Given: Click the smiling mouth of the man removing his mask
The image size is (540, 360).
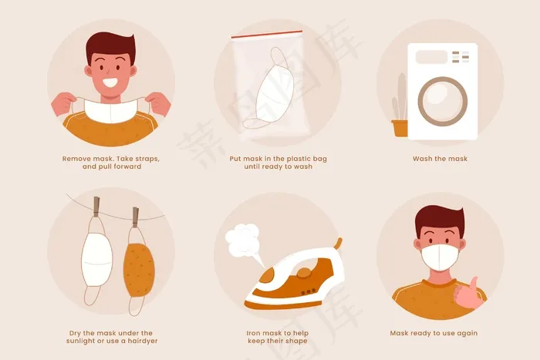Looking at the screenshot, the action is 110,83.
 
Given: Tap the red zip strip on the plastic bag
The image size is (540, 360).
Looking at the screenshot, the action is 267,34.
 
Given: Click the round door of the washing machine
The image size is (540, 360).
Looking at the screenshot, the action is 443,101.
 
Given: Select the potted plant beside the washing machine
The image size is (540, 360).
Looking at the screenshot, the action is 400,106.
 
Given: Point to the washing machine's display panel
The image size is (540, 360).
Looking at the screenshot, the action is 431,57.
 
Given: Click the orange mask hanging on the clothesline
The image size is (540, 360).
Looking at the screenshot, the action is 139,270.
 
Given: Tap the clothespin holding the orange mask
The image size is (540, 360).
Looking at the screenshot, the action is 136,217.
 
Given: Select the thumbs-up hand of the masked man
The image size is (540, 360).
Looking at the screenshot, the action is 467,294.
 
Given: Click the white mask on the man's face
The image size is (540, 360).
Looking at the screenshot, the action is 440,257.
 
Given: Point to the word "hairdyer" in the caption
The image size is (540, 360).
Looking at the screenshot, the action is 143,341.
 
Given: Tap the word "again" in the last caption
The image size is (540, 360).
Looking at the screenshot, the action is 467,334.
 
